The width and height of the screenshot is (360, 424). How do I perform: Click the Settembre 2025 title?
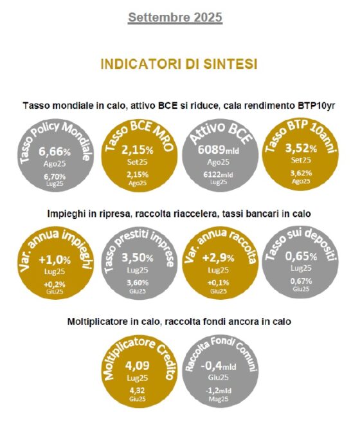coord(175,17)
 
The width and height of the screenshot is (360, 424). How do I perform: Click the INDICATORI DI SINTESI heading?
coord(179,64)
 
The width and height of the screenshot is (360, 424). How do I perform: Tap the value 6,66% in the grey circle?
coord(55,152)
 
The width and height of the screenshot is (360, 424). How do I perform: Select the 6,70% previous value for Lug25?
coord(55,176)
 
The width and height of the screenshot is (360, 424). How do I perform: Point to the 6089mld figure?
coord(219,149)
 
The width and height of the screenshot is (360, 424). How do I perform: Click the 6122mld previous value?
coord(219,175)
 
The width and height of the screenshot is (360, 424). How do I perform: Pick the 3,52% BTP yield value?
coord(301,148)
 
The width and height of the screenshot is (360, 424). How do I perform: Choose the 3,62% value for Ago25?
coord(301,173)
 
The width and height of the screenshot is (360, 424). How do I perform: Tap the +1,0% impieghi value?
coord(55,260)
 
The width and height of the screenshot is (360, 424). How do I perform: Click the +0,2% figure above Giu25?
coord(55,284)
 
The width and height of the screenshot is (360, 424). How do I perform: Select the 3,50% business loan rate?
coord(138,258)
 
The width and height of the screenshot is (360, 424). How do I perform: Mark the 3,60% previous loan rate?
coord(138,283)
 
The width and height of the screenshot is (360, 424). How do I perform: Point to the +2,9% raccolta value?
coord(219,258)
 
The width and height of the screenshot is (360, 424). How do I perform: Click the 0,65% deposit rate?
coord(301,256)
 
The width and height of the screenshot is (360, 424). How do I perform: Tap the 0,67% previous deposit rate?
coord(301,281)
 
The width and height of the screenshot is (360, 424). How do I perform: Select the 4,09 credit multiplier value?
coord(138,365)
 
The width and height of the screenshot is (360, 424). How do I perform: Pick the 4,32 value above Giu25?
coord(138,391)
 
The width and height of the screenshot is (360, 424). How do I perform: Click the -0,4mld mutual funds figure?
coord(219,366)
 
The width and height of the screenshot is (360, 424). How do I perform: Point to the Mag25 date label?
coord(219,399)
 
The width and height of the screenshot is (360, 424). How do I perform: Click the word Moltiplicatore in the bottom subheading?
coord(93,322)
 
